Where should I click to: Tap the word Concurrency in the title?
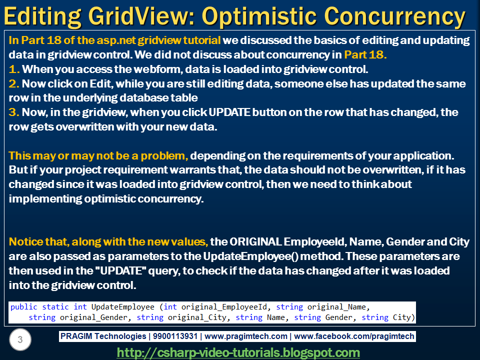coord(395,16)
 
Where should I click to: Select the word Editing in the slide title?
coord(42,16)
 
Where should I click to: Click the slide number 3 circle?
coord(20,339)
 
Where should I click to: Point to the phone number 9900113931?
coord(175,336)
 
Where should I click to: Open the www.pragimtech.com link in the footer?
coord(246,336)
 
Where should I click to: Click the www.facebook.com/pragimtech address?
coord(354,336)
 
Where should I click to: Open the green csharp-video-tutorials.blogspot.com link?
coord(238,352)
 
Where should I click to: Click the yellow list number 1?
coord(14,69)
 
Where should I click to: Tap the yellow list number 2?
coord(14,83)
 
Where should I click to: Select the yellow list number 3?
coord(14,112)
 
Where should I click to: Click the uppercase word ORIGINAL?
coord(255,242)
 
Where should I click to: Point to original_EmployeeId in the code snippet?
coord(224,307)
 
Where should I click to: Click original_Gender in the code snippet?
coord(93,317)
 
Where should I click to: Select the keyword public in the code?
coord(24,307)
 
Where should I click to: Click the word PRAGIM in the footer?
coord(76,336)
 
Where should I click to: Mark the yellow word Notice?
coord(25,242)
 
